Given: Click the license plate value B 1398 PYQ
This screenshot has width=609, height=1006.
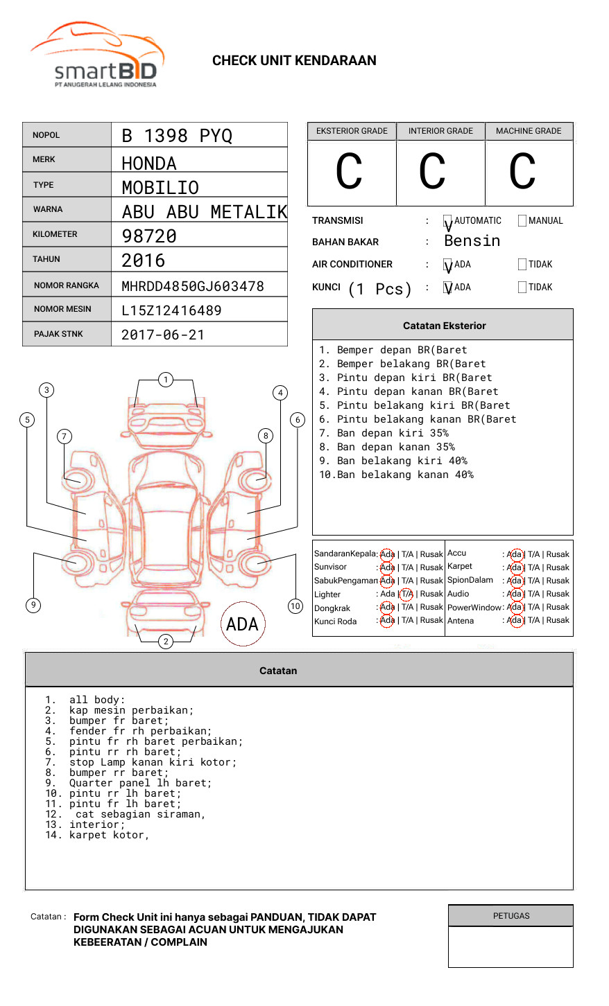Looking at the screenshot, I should [177, 136].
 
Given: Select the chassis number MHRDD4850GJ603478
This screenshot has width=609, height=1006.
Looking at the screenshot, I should [193, 286].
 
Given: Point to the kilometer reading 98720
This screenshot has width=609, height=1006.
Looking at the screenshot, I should [149, 236].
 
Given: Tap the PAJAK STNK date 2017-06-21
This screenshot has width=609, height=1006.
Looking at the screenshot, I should [163, 335].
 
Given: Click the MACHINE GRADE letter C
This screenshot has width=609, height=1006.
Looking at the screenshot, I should [522, 172].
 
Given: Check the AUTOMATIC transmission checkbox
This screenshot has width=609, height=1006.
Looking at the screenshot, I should [448, 222].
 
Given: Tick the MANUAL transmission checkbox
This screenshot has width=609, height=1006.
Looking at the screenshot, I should [522, 221].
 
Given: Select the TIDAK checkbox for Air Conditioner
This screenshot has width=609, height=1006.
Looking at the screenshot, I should [522, 265].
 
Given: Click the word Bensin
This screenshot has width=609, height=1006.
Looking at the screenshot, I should [472, 241].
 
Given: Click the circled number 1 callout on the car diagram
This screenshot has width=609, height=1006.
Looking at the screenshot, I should [165, 379].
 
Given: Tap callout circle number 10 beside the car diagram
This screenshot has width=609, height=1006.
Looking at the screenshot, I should [295, 606].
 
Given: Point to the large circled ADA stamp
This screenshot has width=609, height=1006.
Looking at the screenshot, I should [242, 624].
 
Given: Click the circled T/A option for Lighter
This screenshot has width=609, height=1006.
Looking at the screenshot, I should [406, 594].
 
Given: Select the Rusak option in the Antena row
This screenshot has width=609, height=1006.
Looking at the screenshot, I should [558, 621].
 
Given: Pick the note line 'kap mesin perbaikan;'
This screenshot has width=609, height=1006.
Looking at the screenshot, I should [131, 710].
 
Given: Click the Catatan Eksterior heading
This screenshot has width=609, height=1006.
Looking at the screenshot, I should [444, 326].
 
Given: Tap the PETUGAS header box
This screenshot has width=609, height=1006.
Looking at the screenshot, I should [511, 916].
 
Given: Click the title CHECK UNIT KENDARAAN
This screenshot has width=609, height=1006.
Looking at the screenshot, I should [294, 61].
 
